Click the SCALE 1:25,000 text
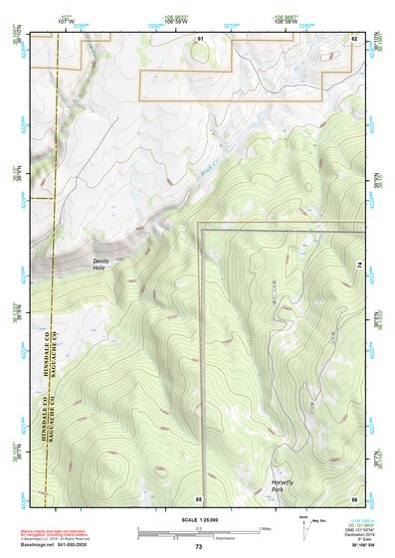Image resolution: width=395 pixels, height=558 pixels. coord(198,519)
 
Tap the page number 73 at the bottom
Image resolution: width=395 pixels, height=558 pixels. coord(198,547)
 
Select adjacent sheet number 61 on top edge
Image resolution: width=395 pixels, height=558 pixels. coord(199,38)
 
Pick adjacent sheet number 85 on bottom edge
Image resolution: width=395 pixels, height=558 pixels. coord(199,497)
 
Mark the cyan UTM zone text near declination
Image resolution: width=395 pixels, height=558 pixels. coord(353,521)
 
